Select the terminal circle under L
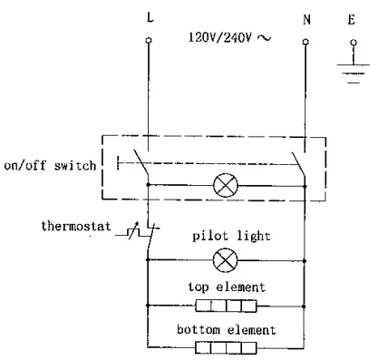pyautogui.click(x=147, y=42)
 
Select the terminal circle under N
pyautogui.click(x=305, y=42)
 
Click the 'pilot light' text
pyautogui.click(x=223, y=238)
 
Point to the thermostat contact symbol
pyautogui.click(x=142, y=233)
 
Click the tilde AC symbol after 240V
pyautogui.click(x=263, y=38)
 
